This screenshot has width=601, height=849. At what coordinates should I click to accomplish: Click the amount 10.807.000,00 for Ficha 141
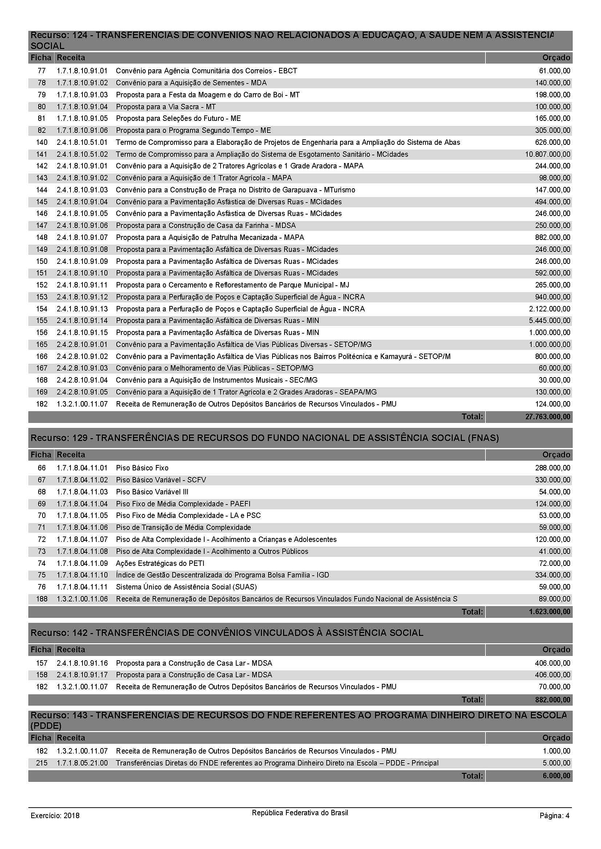[547, 154]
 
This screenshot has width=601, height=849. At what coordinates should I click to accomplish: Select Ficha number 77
[41, 71]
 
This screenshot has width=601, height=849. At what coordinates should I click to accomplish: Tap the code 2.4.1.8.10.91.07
[82, 237]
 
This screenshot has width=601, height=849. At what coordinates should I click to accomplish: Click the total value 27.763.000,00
[547, 417]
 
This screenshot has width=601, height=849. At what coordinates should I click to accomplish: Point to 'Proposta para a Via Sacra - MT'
[165, 107]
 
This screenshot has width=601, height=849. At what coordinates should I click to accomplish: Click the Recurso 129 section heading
[264, 438]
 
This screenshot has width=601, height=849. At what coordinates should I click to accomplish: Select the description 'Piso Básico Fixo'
[142, 468]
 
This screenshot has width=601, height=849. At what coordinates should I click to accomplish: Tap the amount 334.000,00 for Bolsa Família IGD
[553, 575]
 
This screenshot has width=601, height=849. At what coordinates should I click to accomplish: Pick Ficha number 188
[41, 599]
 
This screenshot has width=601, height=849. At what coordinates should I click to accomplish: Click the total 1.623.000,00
[549, 612]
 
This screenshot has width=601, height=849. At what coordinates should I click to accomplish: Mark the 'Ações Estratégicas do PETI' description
[160, 563]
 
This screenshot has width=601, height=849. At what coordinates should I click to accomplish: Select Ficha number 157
[41, 663]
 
